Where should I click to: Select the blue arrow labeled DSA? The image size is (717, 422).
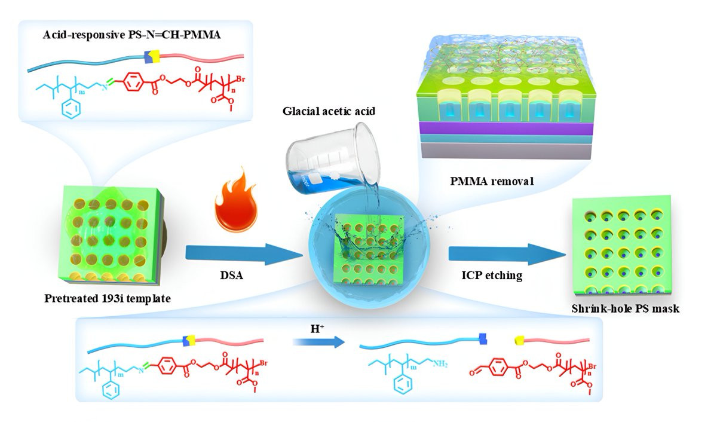(244, 255)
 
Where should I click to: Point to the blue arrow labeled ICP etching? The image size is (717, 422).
(507, 255)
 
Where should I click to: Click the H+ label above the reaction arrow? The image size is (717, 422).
(317, 329)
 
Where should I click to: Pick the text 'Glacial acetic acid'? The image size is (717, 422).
(329, 111)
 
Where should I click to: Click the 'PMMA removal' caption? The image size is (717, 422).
(492, 181)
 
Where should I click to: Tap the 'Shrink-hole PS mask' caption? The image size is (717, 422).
(626, 308)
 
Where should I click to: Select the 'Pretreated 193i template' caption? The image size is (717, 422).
(108, 298)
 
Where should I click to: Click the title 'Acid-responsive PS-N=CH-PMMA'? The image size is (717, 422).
(132, 35)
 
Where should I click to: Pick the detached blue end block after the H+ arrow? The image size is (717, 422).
(483, 339)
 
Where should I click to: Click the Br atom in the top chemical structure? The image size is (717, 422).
(240, 78)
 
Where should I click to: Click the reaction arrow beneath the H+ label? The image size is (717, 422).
(318, 343)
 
